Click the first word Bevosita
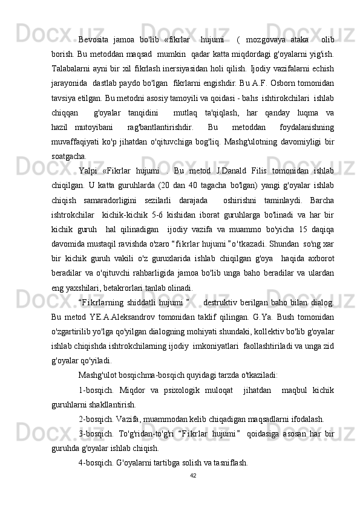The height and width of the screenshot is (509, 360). pos(94,31)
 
